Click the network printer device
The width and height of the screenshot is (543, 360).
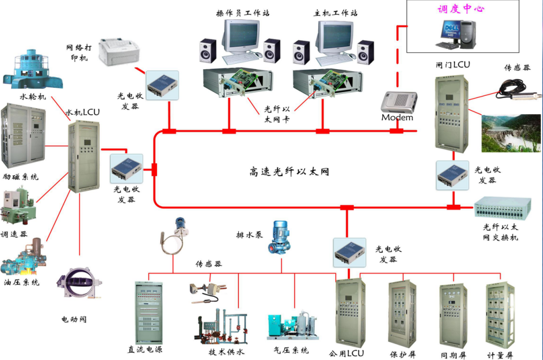(119, 50)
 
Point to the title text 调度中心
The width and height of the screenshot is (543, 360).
(461, 9)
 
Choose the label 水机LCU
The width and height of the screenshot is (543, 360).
(82, 113)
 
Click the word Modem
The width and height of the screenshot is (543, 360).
(397, 117)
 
